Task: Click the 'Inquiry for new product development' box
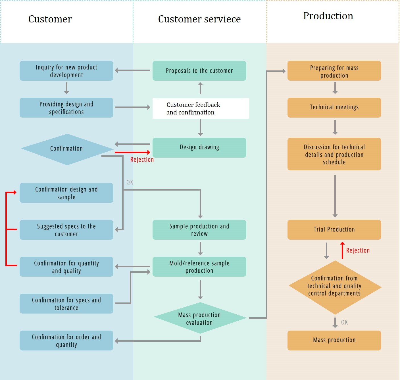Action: (66, 71)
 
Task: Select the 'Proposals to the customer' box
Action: (199, 71)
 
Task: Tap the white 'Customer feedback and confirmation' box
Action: (201, 108)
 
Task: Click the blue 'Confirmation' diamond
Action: (67, 149)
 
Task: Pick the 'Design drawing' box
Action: (199, 147)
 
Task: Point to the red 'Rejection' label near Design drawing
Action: (142, 160)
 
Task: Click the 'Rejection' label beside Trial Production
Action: (358, 250)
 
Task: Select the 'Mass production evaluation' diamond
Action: (200, 318)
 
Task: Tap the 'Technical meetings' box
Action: (334, 107)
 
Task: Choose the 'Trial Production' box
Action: (334, 229)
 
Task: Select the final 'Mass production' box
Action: (334, 340)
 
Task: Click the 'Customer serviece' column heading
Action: (199, 19)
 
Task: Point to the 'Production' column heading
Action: (328, 16)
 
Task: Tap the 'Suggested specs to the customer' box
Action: (66, 230)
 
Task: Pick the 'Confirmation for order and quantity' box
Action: (66, 341)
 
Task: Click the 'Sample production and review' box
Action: (199, 230)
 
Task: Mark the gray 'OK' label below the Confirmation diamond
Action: (130, 182)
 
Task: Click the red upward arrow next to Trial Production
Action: (343, 250)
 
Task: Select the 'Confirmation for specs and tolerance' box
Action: (66, 304)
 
